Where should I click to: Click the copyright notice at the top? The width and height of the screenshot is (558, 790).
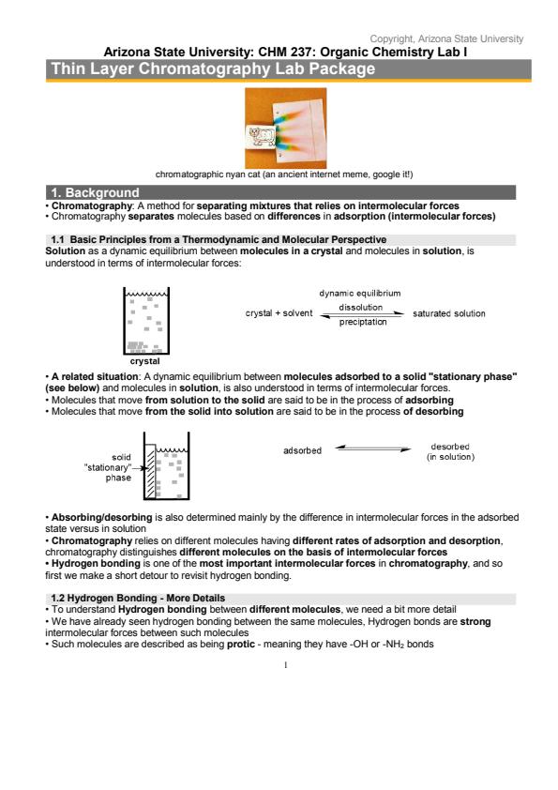pyautogui.click(x=446, y=38)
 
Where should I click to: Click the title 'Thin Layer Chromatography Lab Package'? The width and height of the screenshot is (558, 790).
pyautogui.click(x=213, y=68)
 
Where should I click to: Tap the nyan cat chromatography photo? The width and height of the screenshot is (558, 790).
pyautogui.click(x=285, y=128)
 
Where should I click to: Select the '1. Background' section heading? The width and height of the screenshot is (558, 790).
pyautogui.click(x=95, y=192)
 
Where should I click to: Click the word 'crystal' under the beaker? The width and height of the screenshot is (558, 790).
pyautogui.click(x=144, y=361)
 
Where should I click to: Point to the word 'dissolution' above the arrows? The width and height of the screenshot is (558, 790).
pyautogui.click(x=360, y=308)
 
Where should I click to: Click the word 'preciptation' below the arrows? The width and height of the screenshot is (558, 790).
pyautogui.click(x=363, y=322)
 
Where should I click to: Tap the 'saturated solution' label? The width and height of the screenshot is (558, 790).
pyautogui.click(x=448, y=313)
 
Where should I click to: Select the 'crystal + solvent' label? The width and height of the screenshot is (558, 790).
pyautogui.click(x=279, y=312)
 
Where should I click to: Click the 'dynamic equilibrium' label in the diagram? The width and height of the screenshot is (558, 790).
pyautogui.click(x=359, y=294)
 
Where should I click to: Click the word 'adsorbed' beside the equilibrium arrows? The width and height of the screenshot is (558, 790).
pyautogui.click(x=302, y=450)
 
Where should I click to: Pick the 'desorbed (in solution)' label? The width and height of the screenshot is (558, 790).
pyautogui.click(x=450, y=452)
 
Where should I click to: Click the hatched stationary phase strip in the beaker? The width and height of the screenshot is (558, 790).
pyautogui.click(x=150, y=472)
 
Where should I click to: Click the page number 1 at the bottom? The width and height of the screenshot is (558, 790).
pyautogui.click(x=285, y=665)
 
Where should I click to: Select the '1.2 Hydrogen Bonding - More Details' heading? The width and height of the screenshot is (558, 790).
pyautogui.click(x=138, y=598)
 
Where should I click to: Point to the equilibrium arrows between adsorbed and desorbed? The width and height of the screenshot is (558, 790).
pyautogui.click(x=373, y=448)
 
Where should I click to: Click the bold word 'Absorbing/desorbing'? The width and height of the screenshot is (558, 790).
pyautogui.click(x=101, y=517)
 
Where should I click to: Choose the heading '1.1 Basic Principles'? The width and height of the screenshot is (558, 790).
pyautogui.click(x=219, y=240)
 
